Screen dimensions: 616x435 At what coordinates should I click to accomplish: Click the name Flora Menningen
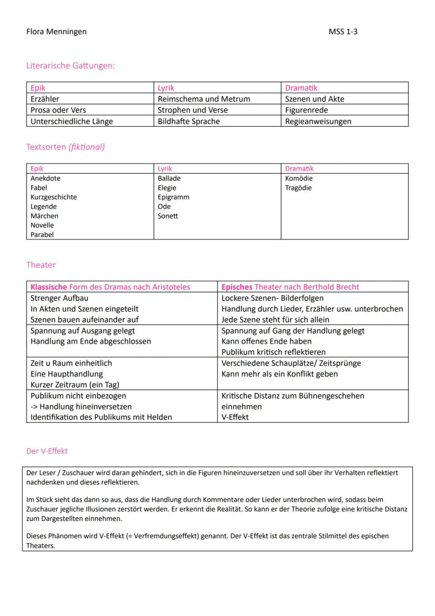pos(56,32)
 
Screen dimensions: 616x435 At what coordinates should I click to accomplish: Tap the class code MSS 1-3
pos(343,32)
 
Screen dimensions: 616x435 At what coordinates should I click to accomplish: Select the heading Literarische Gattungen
pos(70,66)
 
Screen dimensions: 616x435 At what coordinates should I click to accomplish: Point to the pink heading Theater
pos(41,265)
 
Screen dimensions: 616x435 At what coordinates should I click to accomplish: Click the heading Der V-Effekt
pos(47,451)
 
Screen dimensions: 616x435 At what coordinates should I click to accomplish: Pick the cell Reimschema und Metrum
pos(204,99)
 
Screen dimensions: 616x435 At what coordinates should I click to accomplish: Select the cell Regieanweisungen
pos(318,122)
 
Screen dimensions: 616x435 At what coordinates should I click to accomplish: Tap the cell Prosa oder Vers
pos(58,110)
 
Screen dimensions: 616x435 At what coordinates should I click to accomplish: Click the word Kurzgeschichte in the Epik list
pos(54,197)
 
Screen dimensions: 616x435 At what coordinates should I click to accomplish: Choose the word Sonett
pos(168,216)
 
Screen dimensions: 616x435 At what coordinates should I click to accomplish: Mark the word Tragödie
pos(298,188)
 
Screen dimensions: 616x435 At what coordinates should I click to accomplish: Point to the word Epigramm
pos(173,197)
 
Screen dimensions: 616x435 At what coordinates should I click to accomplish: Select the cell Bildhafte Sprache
pos(189,122)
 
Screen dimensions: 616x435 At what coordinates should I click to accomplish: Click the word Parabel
pos(42,235)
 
